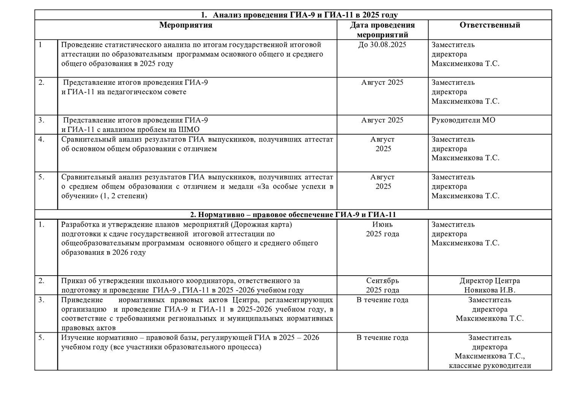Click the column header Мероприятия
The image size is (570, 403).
[x=185, y=25]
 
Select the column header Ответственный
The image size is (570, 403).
[x=489, y=25]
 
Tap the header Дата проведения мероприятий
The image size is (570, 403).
[x=382, y=30]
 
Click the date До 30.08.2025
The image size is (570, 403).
[x=382, y=45]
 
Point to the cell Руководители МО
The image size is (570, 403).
[x=463, y=120]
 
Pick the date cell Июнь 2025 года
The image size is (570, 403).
[x=382, y=229]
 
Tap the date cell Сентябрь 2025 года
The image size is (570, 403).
[x=382, y=286]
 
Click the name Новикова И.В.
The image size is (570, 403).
[x=489, y=290]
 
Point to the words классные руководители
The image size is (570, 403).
[x=489, y=366]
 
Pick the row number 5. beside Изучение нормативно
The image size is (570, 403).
[x=41, y=338]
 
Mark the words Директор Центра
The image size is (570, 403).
[x=489, y=281]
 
